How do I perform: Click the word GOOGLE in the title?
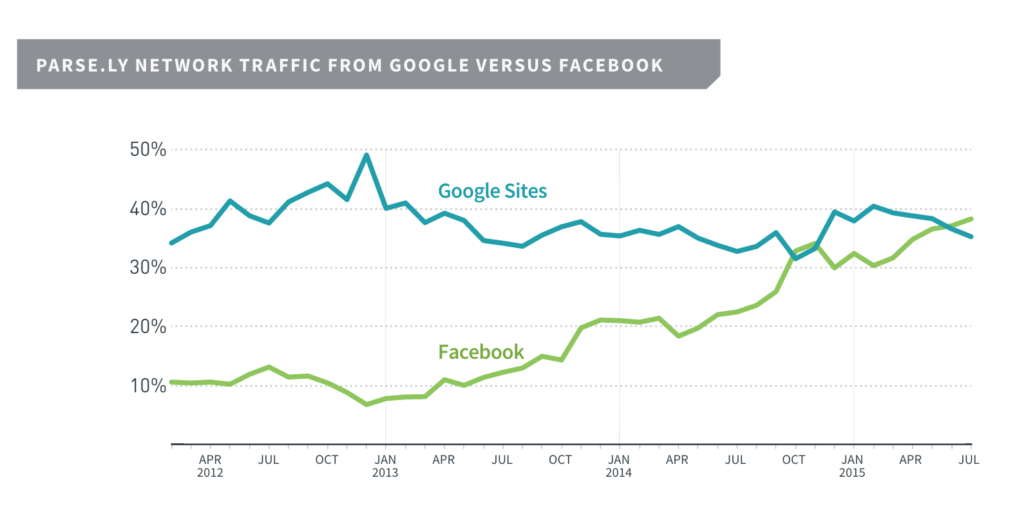click(x=430, y=66)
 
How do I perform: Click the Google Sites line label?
click(x=492, y=191)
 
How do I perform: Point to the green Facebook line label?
click(x=481, y=352)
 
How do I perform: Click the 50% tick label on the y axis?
click(x=148, y=149)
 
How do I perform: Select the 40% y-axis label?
click(x=148, y=209)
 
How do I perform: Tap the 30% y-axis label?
click(x=148, y=267)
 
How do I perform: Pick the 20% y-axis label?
click(x=148, y=327)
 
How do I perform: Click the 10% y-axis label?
click(x=148, y=385)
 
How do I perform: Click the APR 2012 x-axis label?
click(x=210, y=466)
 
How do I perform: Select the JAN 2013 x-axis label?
click(x=385, y=466)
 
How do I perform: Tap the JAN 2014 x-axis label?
click(x=619, y=466)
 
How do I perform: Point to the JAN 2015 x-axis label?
click(x=852, y=466)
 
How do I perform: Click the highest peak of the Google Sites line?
click(x=366, y=155)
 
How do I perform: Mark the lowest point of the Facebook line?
click(x=366, y=405)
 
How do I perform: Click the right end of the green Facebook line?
click(x=971, y=219)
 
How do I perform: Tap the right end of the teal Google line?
click(x=971, y=236)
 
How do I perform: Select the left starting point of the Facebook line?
click(x=171, y=382)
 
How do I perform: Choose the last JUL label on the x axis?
click(x=969, y=460)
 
